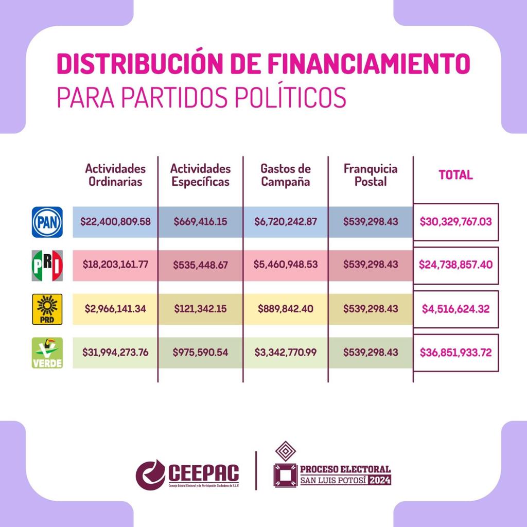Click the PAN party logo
tap(47, 222)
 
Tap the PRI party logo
tap(47, 266)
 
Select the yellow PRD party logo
tap(47, 309)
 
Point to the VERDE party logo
tap(47, 353)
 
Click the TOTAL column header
tap(455, 175)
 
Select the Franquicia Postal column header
tap(371, 175)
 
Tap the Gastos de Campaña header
tap(286, 175)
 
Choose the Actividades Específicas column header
tap(200, 175)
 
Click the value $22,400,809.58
tap(115, 222)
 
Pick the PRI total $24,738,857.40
tap(456, 265)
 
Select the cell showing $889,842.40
tap(286, 309)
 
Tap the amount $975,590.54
tap(201, 353)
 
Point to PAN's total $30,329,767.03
tap(456, 222)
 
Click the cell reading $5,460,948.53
tap(286, 265)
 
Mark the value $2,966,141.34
tap(115, 309)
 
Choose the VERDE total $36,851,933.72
tap(456, 353)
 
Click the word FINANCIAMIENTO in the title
tap(368, 64)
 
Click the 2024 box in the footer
tap(379, 480)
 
